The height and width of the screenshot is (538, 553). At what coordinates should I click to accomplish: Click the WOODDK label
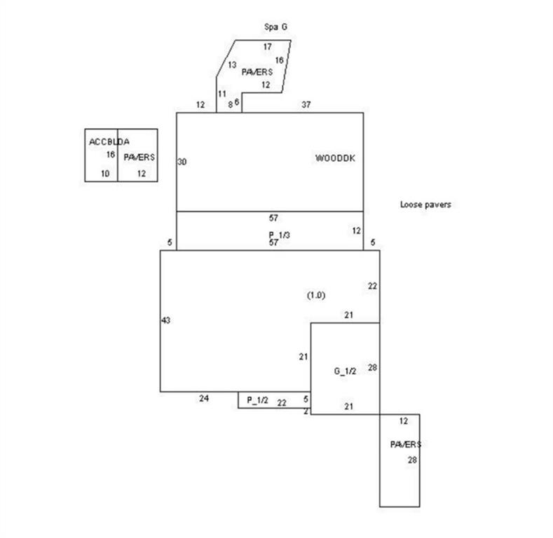(335, 158)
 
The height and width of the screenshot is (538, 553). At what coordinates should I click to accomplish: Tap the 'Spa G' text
(275, 27)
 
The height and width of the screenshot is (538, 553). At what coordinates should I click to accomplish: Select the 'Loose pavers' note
(425, 205)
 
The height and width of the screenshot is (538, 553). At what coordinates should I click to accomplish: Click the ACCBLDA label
(109, 142)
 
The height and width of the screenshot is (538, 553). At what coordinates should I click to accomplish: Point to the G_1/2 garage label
(345, 371)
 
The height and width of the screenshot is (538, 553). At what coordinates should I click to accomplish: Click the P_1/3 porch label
(280, 235)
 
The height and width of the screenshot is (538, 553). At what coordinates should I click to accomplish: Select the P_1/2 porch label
(257, 400)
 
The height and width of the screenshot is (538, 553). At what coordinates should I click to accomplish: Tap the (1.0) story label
(316, 295)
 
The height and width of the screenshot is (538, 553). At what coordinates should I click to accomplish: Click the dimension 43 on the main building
(165, 320)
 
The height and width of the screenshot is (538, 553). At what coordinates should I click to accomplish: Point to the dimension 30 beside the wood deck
(182, 162)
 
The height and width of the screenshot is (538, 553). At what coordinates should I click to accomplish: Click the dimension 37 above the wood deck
(306, 104)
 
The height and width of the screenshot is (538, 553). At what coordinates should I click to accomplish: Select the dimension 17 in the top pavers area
(268, 46)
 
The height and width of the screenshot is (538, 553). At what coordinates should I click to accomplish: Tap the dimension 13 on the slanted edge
(232, 65)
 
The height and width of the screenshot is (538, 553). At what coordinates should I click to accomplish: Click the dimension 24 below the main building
(204, 399)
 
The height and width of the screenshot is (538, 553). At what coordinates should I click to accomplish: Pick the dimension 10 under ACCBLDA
(105, 174)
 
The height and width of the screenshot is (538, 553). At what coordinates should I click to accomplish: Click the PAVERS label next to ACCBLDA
(139, 157)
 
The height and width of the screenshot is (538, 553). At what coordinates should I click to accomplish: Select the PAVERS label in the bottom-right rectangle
(406, 445)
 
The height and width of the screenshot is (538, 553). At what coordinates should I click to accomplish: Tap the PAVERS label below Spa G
(257, 72)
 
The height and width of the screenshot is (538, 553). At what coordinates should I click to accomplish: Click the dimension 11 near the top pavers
(222, 94)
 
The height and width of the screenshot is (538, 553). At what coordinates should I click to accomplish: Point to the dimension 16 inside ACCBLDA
(111, 154)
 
